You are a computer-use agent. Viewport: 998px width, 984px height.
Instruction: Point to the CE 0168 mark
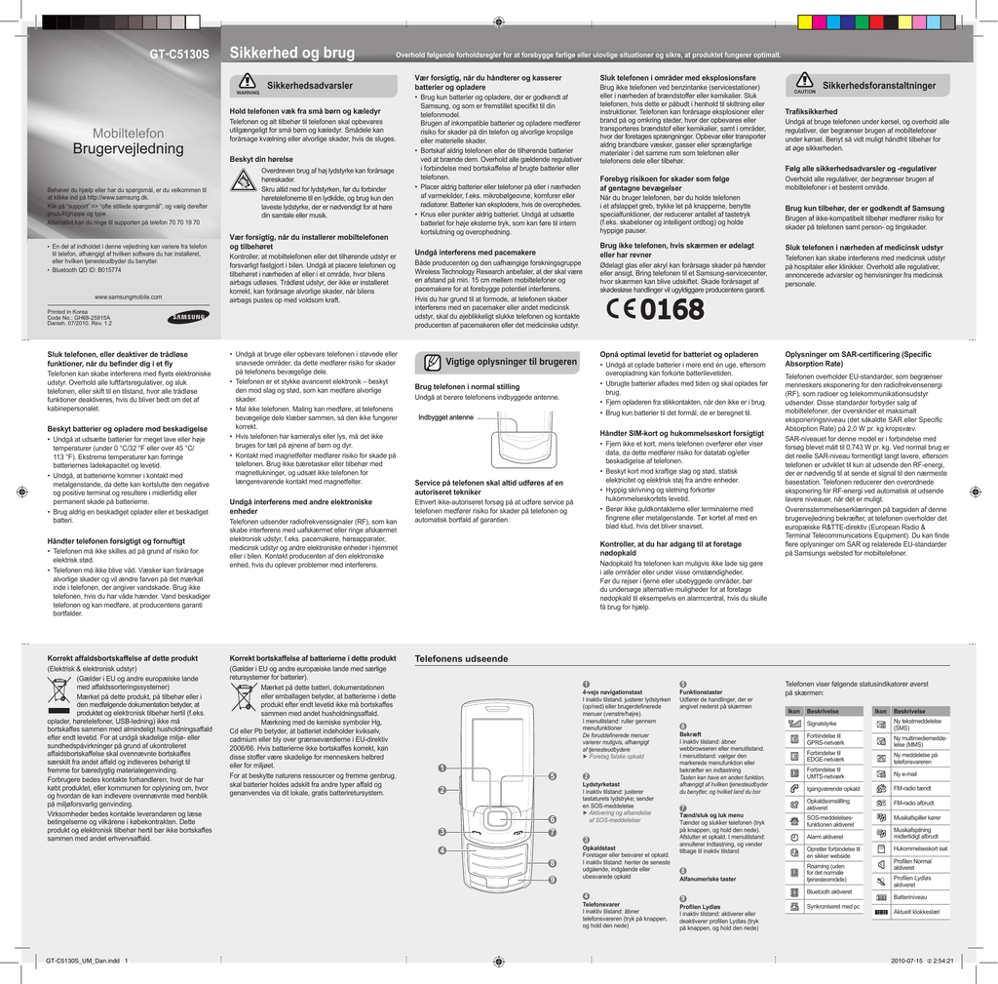coord(655,310)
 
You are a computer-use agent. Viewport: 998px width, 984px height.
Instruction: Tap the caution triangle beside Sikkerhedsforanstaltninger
coord(804,83)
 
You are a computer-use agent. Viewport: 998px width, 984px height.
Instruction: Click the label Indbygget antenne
coord(445,417)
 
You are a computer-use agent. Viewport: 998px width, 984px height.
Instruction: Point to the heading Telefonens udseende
coord(461,660)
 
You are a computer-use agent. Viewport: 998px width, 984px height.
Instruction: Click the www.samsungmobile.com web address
coord(128,296)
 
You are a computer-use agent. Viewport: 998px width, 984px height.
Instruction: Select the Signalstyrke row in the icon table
coord(822,724)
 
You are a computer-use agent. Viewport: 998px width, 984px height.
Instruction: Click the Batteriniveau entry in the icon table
coord(909,896)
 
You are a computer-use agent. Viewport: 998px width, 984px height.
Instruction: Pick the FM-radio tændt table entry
coord(913,787)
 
